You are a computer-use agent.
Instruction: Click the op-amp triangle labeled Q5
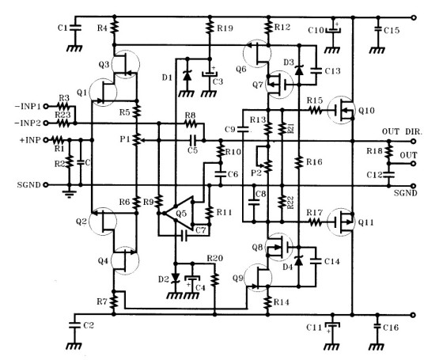(179, 213)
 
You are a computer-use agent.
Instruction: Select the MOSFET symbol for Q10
(341, 110)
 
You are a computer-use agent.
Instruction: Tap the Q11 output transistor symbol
(341, 222)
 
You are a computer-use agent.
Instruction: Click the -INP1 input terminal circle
(46, 106)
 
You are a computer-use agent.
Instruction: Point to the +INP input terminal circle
(46, 139)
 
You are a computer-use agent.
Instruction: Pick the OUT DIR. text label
(402, 131)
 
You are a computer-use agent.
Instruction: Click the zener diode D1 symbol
(187, 76)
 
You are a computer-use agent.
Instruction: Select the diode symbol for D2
(176, 278)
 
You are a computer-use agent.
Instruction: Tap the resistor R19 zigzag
(210, 28)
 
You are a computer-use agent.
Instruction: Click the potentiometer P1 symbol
(137, 139)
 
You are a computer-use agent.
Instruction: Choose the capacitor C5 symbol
(193, 139)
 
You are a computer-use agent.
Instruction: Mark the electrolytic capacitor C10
(333, 30)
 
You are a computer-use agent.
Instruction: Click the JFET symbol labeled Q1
(103, 93)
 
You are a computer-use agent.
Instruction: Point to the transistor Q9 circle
(257, 278)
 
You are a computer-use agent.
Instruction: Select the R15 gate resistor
(315, 110)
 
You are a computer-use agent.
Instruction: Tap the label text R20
(214, 258)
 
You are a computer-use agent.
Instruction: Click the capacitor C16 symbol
(378, 326)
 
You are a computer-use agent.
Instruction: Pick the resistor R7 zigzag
(114, 301)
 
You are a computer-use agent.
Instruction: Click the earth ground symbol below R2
(69, 194)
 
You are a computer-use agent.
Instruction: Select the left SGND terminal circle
(46, 185)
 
